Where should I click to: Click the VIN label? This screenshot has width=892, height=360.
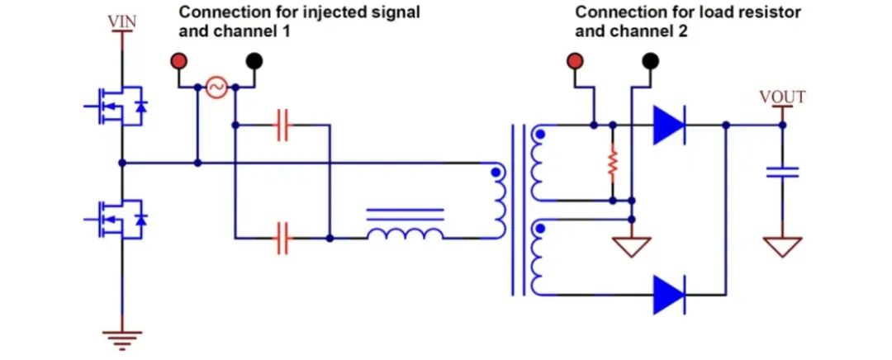click(x=122, y=21)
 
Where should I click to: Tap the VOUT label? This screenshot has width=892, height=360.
click(x=782, y=97)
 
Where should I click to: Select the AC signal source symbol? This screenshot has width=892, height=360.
click(x=216, y=88)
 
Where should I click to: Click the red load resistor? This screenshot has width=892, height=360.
click(x=612, y=163)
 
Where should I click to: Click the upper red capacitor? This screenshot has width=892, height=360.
click(x=282, y=126)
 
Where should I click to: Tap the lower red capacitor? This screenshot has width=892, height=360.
click(x=282, y=238)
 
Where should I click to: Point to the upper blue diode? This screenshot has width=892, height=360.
click(x=668, y=126)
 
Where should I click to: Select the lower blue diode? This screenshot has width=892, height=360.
click(x=668, y=294)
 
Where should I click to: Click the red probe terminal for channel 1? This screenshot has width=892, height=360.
click(x=178, y=60)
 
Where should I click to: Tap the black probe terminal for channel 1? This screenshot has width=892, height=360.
click(x=254, y=60)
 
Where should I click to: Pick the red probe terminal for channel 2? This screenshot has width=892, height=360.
click(x=576, y=60)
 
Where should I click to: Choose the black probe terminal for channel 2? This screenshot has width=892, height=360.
click(x=651, y=60)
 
